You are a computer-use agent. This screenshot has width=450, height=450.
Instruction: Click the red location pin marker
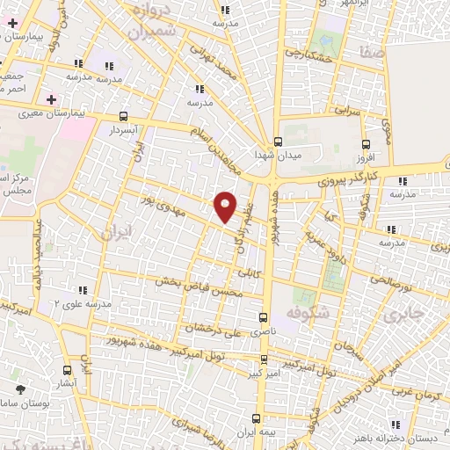(x=226, y=207)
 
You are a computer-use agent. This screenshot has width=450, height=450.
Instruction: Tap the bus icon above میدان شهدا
(x=279, y=142)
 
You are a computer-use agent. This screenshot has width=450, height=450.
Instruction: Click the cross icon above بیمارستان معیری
(x=51, y=98)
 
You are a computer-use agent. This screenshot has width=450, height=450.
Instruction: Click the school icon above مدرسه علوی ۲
(x=84, y=289)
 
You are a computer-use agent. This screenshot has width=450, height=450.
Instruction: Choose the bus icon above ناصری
(x=263, y=316)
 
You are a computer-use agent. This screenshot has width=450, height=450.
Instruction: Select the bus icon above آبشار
(x=68, y=371)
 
